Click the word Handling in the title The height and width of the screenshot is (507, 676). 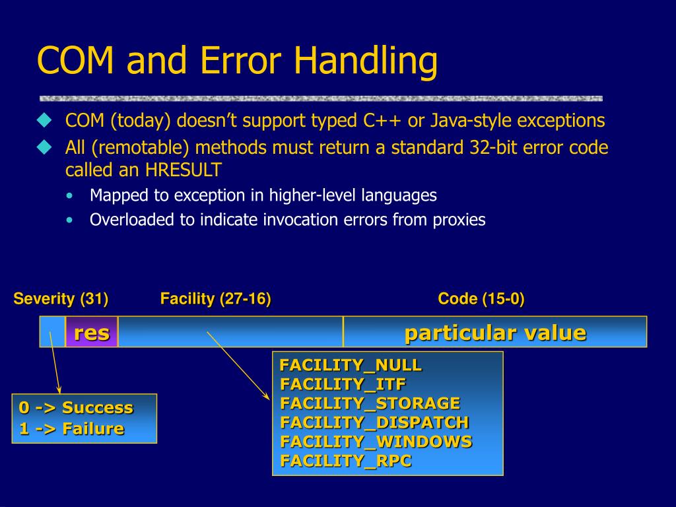click(x=366, y=61)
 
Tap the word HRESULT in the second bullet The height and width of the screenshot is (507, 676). click(x=184, y=170)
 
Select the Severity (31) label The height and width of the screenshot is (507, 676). click(x=61, y=298)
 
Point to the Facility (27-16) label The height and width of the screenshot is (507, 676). click(x=216, y=298)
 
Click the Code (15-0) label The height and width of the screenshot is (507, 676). click(x=481, y=298)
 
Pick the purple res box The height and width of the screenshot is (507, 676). click(x=92, y=331)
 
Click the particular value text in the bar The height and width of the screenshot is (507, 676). click(x=495, y=333)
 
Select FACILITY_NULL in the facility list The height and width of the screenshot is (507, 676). click(x=351, y=365)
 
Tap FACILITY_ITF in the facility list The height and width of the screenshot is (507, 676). click(x=343, y=384)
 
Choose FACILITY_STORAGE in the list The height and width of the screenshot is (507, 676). click(x=370, y=403)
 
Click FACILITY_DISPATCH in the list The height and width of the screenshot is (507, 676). click(x=375, y=422)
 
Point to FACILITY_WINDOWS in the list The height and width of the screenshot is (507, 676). click(x=376, y=442)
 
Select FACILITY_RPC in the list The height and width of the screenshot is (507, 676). click(x=346, y=460)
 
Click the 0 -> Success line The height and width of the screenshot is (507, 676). click(x=76, y=407)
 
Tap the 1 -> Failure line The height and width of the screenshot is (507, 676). click(x=71, y=428)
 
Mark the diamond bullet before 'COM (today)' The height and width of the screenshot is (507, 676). click(x=44, y=120)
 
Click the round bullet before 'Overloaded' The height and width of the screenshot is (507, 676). click(x=70, y=220)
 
